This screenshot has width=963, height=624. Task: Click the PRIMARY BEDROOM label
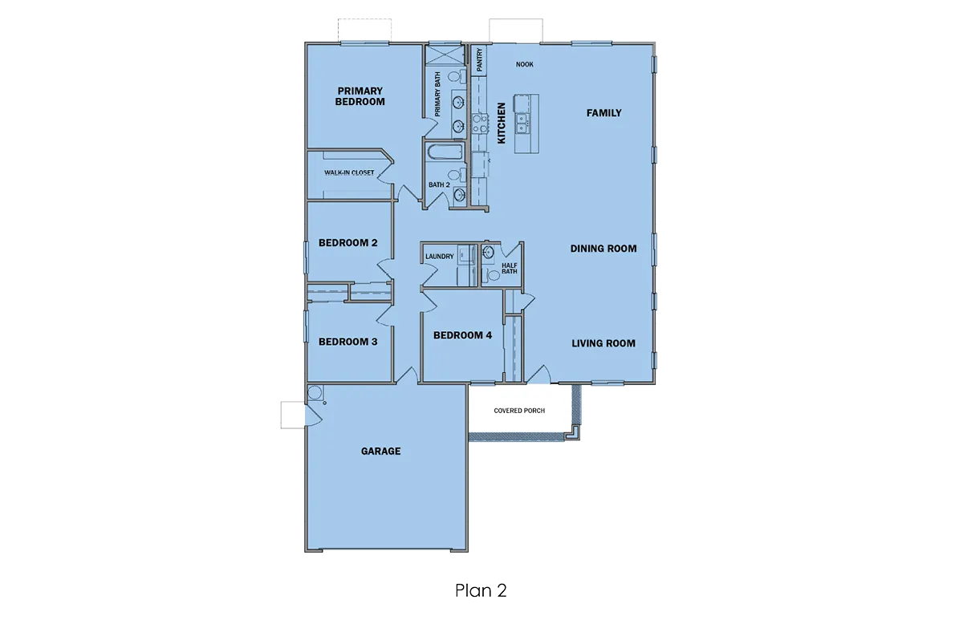pos(360,96)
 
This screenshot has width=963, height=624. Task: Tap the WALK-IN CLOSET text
pos(349,172)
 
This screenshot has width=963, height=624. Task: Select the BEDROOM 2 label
pos(347,243)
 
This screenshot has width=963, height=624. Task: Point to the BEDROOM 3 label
pos(347,342)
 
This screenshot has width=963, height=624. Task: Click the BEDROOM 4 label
pos(462,335)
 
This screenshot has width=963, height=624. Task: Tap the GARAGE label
pos(381,452)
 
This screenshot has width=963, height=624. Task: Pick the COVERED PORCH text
pos(519,411)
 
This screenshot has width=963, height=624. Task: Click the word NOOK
pos(525,64)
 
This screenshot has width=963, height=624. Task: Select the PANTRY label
pos(479,59)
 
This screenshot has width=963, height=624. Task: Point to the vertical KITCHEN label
pos(502,123)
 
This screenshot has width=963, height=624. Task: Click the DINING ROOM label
pos(603,249)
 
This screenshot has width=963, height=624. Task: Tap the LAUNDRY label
pos(440,257)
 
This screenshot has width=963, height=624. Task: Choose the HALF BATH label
pos(510,269)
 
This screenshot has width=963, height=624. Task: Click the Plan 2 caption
pos(481,590)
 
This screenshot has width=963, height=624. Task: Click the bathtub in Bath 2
pos(445,152)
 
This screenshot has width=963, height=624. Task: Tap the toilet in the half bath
pos(491,274)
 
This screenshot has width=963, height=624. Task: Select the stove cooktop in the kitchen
pos(480,124)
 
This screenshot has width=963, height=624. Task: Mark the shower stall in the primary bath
pos(445,55)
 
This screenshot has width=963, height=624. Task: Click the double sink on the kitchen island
pos(522,124)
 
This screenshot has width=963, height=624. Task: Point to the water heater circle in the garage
pos(315,393)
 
